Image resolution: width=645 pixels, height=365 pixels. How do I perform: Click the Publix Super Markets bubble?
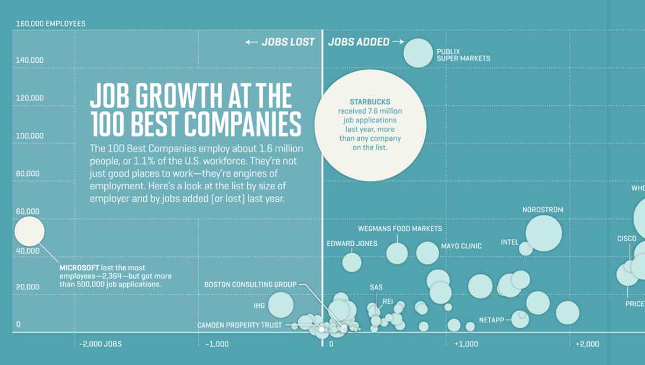(418, 53)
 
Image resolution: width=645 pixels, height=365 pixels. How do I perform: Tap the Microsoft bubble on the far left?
(29, 231)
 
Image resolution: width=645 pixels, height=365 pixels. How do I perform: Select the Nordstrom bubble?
(543, 233)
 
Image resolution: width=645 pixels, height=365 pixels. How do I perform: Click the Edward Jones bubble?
(351, 261)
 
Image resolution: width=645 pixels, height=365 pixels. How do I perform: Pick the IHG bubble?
(280, 305)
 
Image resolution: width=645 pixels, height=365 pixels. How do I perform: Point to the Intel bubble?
(525, 248)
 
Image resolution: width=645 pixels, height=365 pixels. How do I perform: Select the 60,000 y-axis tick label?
(27, 211)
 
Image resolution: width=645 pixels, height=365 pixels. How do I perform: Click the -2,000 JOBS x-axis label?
(101, 344)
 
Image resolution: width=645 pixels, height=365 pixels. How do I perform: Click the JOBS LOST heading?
(280, 42)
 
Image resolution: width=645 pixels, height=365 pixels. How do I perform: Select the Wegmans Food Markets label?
(399, 228)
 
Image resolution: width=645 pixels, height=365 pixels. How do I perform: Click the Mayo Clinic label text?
(461, 246)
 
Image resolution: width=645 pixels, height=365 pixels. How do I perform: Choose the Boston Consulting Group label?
(250, 285)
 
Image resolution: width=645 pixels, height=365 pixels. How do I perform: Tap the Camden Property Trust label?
(239, 325)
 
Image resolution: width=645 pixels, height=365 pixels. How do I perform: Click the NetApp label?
(491, 320)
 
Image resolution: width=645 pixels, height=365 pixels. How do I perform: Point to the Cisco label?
(627, 239)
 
